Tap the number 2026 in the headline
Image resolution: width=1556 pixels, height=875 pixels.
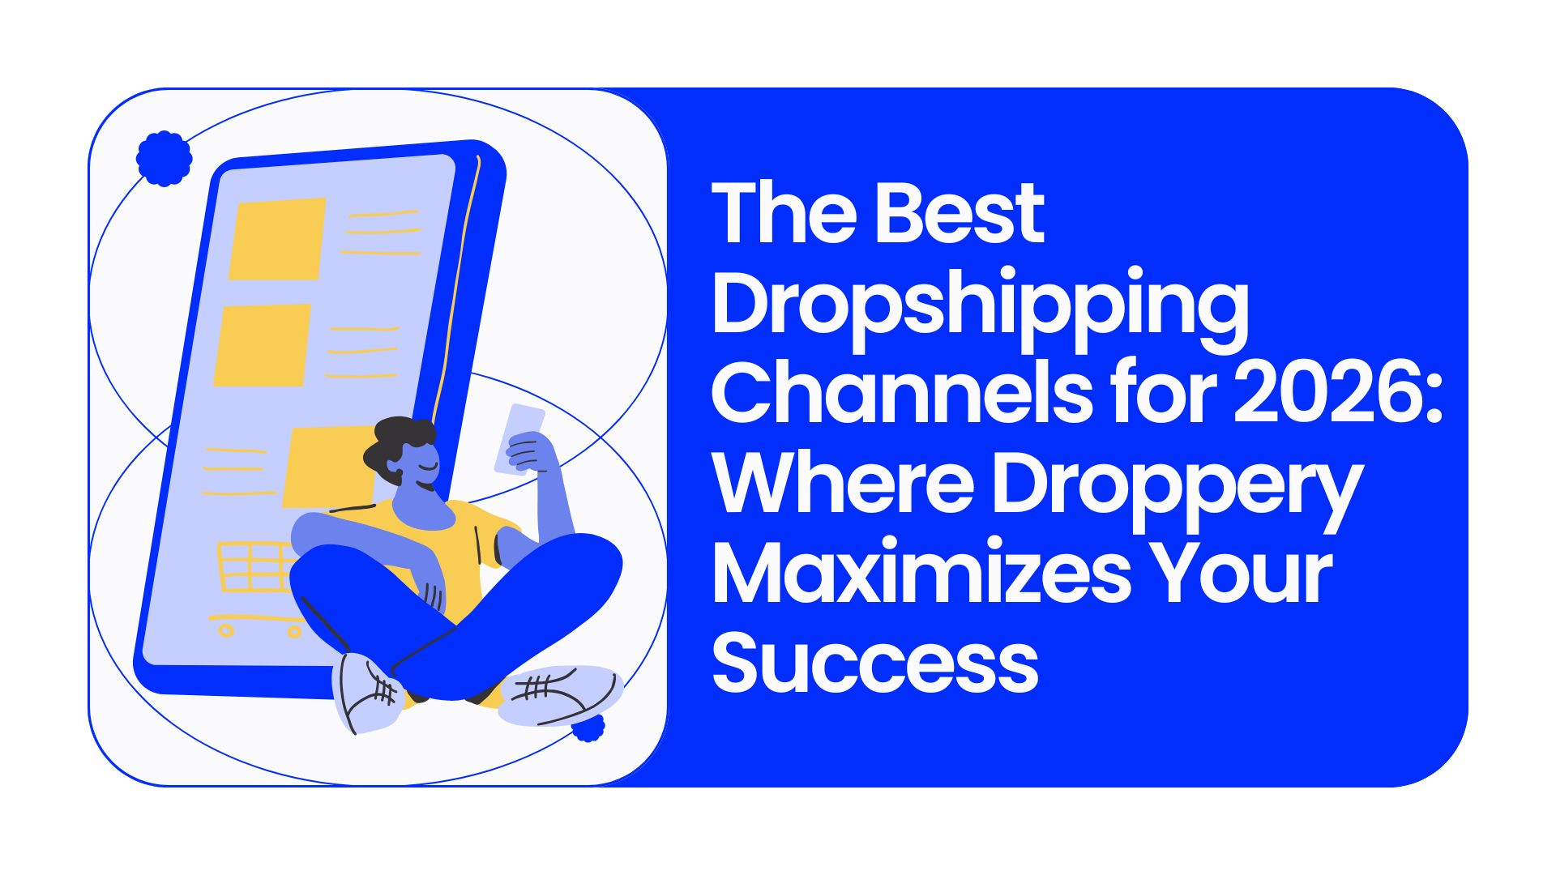coord(1339,393)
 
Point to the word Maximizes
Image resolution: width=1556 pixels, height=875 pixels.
coord(921,572)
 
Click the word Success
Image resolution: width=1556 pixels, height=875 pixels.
coord(875,662)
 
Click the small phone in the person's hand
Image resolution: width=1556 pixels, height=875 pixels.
coord(519,437)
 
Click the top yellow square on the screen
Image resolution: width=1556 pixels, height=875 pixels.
coord(277,239)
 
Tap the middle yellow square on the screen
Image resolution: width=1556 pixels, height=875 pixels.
coord(262,345)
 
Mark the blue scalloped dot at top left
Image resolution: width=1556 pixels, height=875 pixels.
coord(164,158)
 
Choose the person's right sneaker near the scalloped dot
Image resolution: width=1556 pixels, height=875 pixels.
coord(559,695)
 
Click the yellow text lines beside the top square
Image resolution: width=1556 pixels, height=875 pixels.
coord(381,233)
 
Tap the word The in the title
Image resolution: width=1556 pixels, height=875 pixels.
coord(784,213)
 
